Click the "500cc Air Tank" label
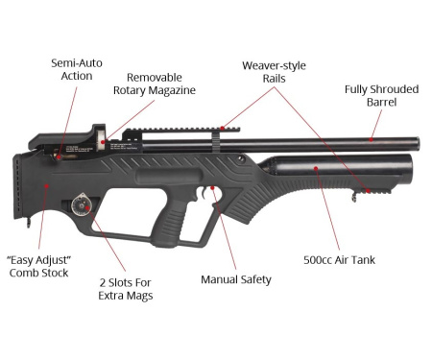(338, 260)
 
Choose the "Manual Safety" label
(235, 279)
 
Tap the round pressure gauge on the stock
(82, 204)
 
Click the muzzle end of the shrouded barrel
(416, 144)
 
